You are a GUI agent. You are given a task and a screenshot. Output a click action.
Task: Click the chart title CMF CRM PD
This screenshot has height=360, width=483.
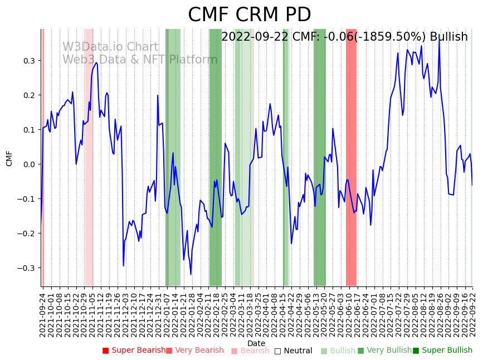point(249,15)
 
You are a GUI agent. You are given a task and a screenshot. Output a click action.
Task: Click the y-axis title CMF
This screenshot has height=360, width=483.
point(9,158)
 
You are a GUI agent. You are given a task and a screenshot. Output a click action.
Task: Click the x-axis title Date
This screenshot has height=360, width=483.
point(256,343)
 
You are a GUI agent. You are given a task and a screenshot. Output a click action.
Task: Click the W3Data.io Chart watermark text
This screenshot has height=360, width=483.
point(110,47)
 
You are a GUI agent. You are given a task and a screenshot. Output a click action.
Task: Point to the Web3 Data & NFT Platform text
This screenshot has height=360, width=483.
point(140,60)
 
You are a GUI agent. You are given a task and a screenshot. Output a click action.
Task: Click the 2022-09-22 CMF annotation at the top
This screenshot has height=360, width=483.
point(344,37)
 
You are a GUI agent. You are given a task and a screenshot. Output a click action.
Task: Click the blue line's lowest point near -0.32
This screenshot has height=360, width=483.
point(191,274)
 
